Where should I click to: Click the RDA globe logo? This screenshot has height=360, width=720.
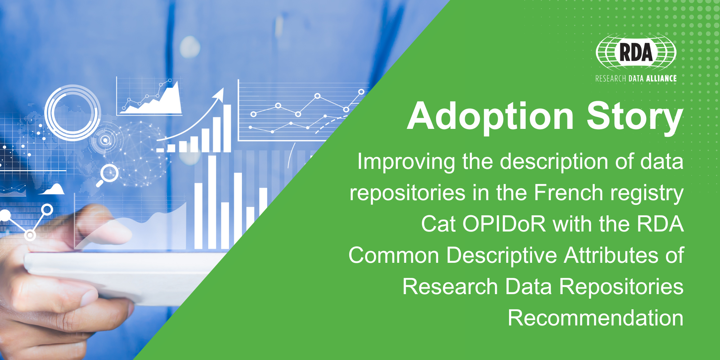tap(636, 52)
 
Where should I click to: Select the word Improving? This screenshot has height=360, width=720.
tap(406, 162)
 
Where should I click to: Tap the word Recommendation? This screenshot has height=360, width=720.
tap(596, 318)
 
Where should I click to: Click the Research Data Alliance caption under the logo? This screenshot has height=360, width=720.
tap(636, 78)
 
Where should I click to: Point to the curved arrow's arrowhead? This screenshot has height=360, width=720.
tap(219, 94)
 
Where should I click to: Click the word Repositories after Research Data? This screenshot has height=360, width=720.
tap(621, 287)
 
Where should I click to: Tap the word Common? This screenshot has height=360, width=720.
tap(394, 256)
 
